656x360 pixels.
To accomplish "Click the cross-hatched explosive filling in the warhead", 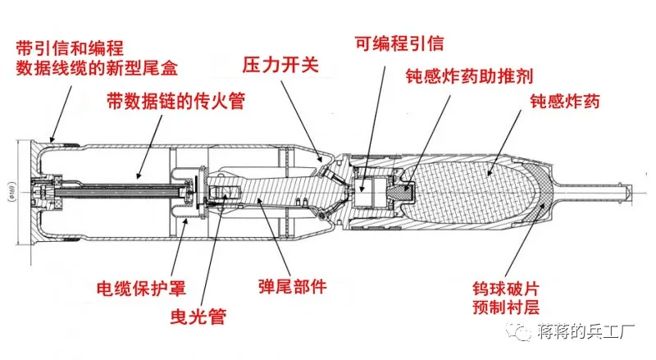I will pyautogui.click(x=471, y=190).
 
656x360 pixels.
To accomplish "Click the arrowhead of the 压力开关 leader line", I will pyautogui.click(x=322, y=158).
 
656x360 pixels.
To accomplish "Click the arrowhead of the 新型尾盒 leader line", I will pyautogui.click(x=52, y=139).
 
